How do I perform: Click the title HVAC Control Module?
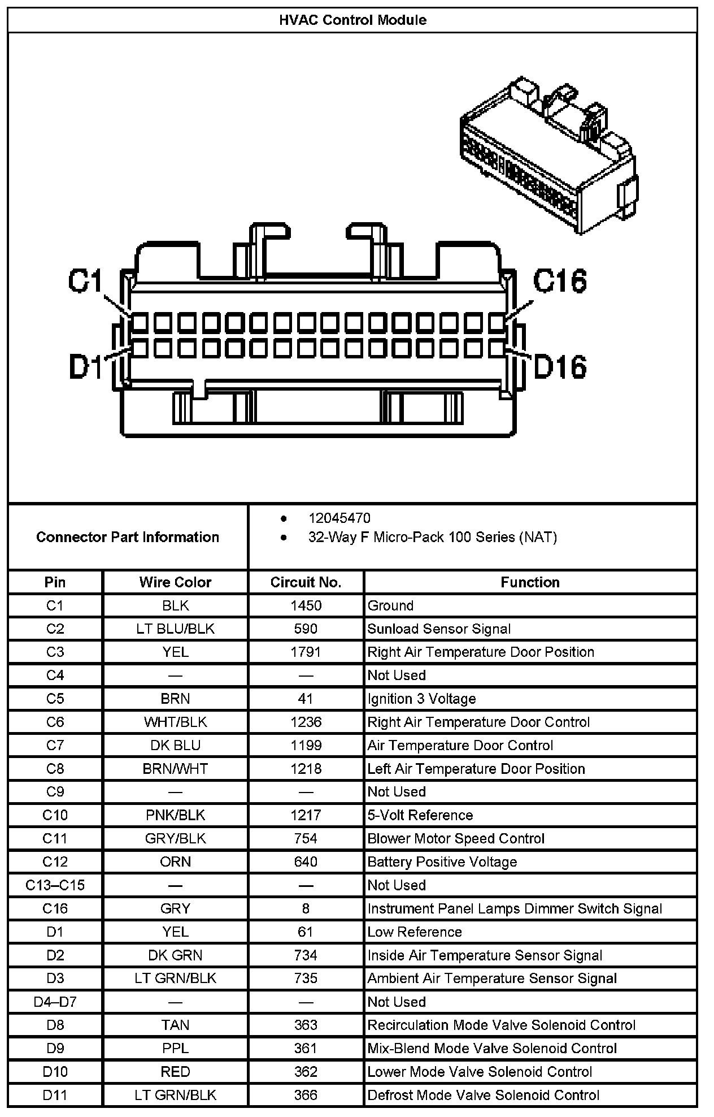coord(352,20)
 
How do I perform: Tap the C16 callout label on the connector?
coord(559,281)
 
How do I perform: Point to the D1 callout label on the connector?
coord(85,366)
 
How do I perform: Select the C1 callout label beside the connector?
coord(85,281)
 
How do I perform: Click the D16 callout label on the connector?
coord(559,367)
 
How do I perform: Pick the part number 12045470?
coord(339,518)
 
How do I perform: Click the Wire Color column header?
coord(175,582)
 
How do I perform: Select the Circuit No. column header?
coord(306,582)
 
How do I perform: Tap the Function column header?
coord(530,582)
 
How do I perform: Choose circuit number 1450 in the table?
coord(306,605)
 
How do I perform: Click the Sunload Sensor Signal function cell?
coord(439,629)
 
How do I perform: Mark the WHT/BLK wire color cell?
coord(175,722)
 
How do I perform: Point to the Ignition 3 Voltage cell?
coord(421,699)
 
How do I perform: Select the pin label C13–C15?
coord(55,885)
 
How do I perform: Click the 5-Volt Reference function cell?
coord(420,815)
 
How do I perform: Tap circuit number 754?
coord(306,838)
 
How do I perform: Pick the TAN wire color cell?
coord(175,1025)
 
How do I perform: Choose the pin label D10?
coord(55,1071)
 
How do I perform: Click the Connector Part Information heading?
coord(128,537)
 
